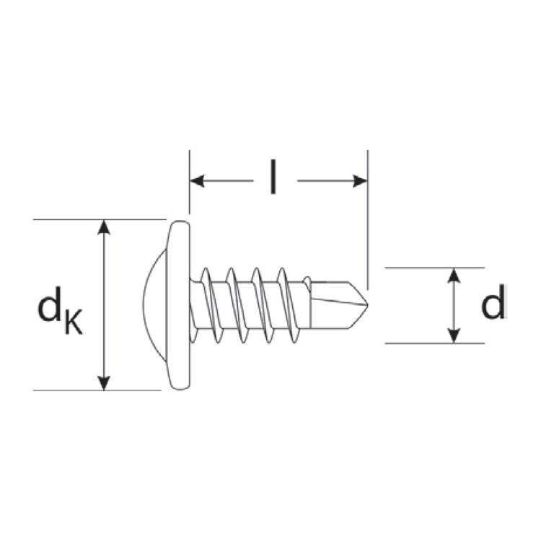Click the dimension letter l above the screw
[x=273, y=178]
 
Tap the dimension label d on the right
[x=493, y=304]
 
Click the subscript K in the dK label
[x=73, y=322]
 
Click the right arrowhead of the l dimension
[x=360, y=180]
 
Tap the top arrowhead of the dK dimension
[x=105, y=226]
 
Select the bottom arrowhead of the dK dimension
[x=105, y=383]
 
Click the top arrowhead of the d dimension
[x=454, y=275]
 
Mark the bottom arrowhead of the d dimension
[x=454, y=335]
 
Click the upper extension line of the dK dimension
[x=72, y=219]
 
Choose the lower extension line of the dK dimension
[x=72, y=390]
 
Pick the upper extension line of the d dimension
[x=433, y=267]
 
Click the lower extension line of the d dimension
[x=433, y=343]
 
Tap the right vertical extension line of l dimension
[x=367, y=216]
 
